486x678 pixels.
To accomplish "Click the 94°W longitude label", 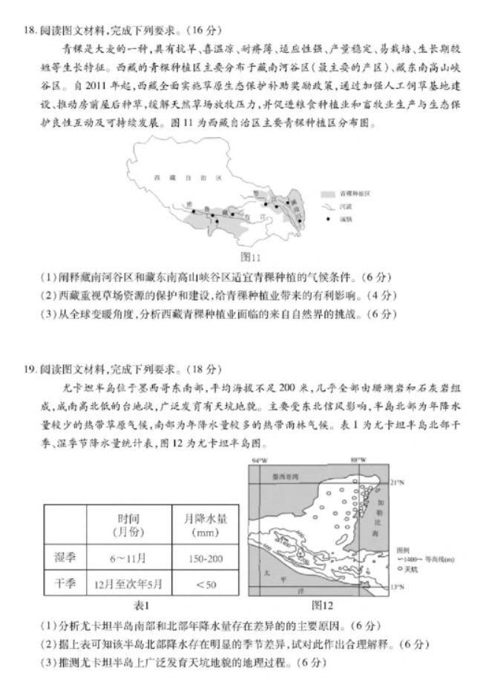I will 259,461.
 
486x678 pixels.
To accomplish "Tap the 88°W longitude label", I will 359,461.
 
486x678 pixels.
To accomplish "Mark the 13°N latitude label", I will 397,587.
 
